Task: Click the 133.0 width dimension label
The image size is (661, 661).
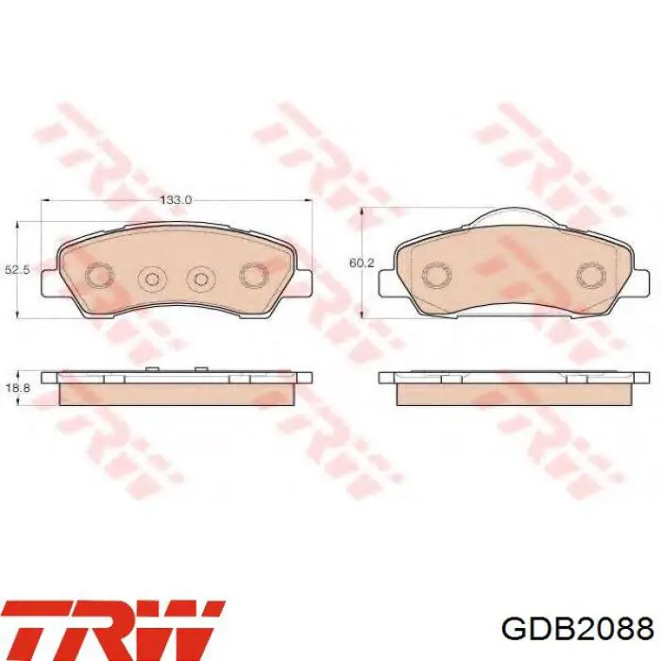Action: tap(175, 200)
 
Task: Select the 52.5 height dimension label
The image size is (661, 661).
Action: tap(17, 270)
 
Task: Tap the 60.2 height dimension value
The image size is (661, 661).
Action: tap(362, 263)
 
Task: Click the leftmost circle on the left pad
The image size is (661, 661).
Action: tap(99, 277)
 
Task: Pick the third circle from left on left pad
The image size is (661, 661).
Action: tap(201, 279)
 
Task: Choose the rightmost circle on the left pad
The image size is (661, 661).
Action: tap(254, 277)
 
